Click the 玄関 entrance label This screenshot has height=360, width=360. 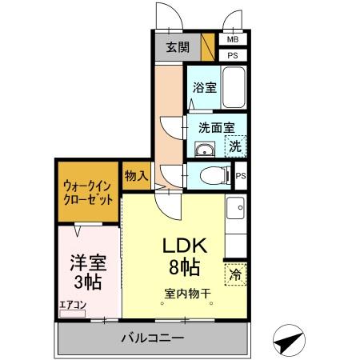(x=178, y=47)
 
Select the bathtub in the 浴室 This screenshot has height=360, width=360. (x=234, y=88)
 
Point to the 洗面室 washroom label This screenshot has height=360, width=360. (x=214, y=126)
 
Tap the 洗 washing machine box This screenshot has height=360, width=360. (x=235, y=146)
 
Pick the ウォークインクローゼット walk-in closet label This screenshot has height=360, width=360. (x=87, y=192)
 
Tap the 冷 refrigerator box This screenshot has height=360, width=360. (x=235, y=274)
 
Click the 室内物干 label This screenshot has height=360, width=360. (x=188, y=294)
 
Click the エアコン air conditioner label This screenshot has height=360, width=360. (x=71, y=304)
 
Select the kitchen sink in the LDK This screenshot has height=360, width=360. (x=236, y=210)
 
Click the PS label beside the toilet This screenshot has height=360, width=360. (x=240, y=176)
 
